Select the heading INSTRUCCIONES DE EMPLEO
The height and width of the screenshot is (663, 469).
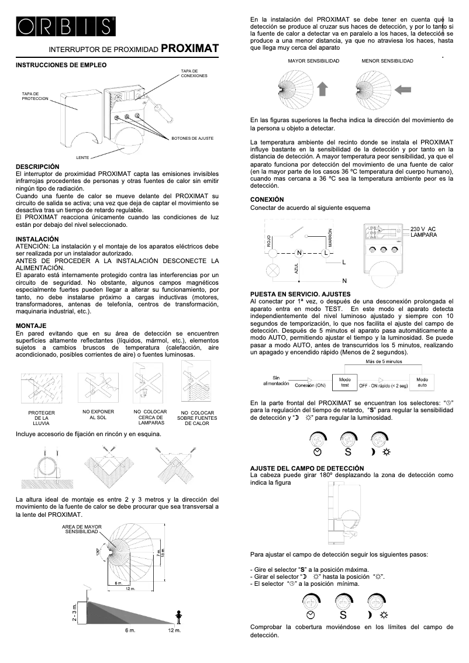point(61,65)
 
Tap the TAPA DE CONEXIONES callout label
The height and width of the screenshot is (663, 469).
point(194,73)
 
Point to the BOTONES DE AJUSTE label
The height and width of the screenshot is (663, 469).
point(192,138)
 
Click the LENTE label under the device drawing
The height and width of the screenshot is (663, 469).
point(82,158)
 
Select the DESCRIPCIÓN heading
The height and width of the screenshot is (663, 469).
point(37,167)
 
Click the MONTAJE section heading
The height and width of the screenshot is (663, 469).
point(32,324)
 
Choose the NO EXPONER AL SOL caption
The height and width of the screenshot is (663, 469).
point(98,415)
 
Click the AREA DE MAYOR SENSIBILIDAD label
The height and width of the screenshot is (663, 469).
point(81,529)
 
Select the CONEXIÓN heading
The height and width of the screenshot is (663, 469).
point(267,199)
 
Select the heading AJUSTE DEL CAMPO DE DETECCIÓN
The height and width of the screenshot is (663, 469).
point(306,468)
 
